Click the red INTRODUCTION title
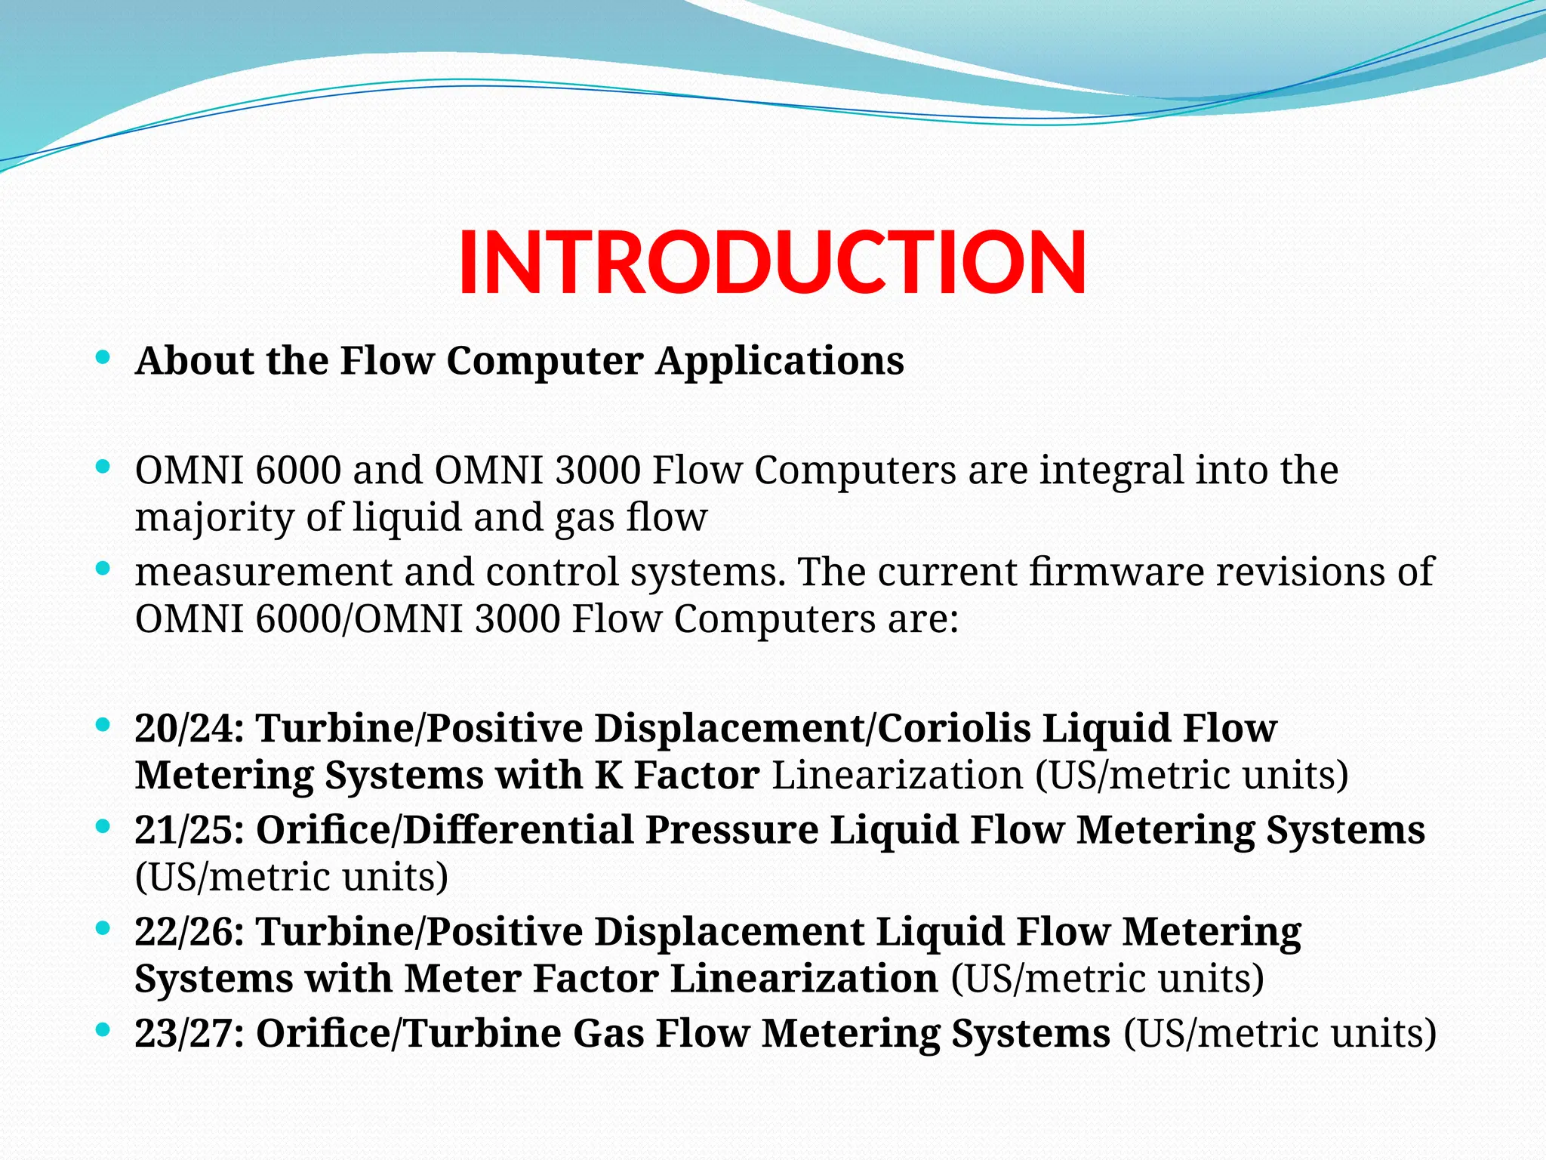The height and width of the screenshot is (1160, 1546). [771, 261]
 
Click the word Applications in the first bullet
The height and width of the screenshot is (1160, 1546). [779, 361]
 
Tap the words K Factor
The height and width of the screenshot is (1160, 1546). [676, 776]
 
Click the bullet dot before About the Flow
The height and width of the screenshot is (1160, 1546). [103, 357]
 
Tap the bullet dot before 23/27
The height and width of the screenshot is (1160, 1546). [103, 1029]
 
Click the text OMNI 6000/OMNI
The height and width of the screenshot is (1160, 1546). [299, 620]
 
